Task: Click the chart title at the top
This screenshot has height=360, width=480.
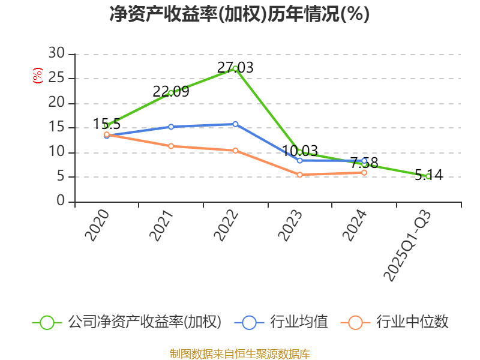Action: [239, 14]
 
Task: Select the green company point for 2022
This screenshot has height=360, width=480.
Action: [235, 68]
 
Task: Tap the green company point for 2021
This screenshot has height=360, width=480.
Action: [171, 92]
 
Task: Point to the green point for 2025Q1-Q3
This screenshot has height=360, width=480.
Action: [428, 176]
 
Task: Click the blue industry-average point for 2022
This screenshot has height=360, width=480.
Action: [235, 124]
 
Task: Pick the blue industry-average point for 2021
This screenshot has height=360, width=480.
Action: [171, 127]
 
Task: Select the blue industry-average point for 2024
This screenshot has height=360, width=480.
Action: [364, 161]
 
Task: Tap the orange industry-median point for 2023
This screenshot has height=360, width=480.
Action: [299, 175]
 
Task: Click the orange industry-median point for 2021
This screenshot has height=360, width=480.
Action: [171, 146]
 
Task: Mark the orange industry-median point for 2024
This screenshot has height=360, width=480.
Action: [364, 172]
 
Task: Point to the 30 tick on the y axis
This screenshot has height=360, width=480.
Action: [56, 54]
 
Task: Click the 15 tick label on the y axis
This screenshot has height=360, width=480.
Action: [56, 128]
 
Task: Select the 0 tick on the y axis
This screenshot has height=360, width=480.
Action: [60, 202]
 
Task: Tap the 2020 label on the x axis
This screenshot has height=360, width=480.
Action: [97, 226]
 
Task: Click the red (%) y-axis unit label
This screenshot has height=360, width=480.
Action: [38, 76]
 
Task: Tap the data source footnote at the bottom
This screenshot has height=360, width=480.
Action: [239, 353]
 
